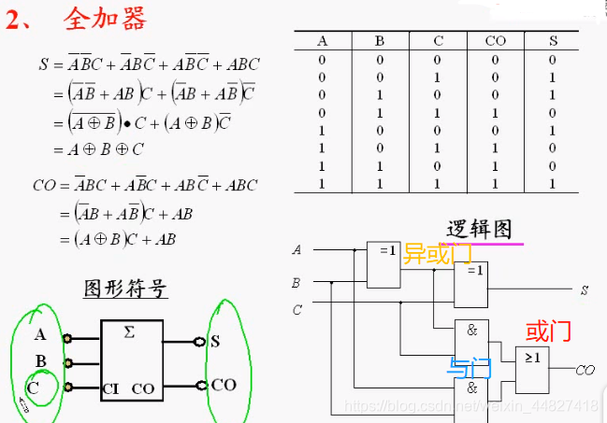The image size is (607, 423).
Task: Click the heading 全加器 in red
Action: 105,19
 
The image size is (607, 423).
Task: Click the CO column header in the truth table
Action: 495,41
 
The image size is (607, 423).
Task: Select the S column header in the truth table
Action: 553,41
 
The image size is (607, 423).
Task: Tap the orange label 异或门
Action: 436,253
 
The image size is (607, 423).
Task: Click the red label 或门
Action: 548,331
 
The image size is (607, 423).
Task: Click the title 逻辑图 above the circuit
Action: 479,229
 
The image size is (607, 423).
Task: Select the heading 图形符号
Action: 126,288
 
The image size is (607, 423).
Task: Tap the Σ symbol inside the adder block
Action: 128,332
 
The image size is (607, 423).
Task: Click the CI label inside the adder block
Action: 110,388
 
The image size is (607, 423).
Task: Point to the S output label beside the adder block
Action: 215,341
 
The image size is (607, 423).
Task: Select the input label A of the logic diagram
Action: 296,250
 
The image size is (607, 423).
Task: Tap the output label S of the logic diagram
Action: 584,290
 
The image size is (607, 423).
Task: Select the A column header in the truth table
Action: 323,41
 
